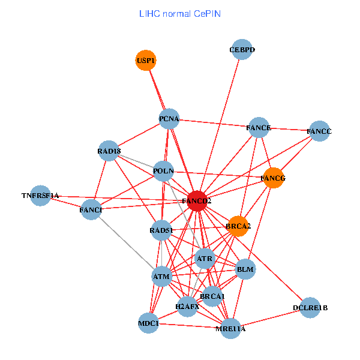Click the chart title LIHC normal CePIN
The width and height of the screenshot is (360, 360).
[x=179, y=13]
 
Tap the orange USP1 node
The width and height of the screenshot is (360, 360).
[x=146, y=60]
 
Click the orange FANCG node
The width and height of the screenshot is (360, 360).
[x=274, y=178]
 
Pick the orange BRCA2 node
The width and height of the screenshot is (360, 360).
[x=238, y=226]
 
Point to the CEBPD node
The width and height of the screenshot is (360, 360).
[x=242, y=50]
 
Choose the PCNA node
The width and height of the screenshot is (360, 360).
[x=169, y=119]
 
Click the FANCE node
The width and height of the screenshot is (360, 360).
[x=259, y=127]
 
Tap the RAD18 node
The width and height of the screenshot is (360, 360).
[x=109, y=151]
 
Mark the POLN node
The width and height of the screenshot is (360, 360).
[x=163, y=171]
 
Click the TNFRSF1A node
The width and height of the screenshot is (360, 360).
[x=40, y=196]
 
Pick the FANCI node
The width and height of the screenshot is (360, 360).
[x=91, y=209]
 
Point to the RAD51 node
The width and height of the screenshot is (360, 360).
[x=161, y=230]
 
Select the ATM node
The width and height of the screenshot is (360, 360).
[x=162, y=277]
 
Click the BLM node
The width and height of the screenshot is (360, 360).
[x=245, y=269]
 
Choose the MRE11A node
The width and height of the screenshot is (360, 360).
[x=231, y=328]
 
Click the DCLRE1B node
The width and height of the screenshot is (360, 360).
[x=310, y=308]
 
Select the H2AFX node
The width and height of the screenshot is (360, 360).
[x=187, y=307]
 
